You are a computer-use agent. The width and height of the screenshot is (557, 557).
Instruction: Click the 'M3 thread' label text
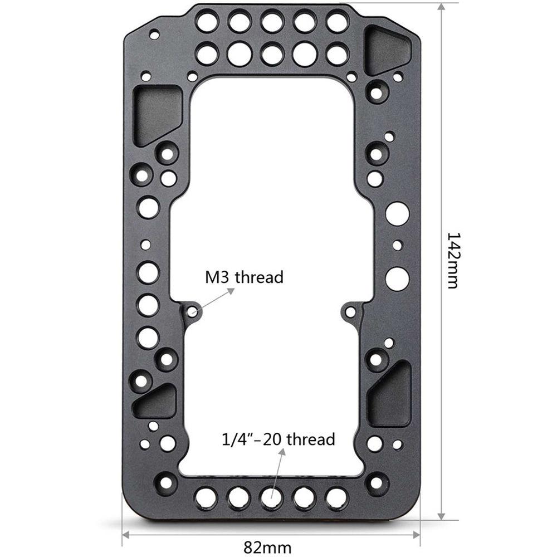[244, 277]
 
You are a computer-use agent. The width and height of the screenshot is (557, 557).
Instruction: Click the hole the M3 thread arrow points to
[193, 311]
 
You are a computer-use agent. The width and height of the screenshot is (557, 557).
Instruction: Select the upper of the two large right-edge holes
[397, 214]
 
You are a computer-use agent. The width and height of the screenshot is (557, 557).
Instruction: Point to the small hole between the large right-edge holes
[397, 245]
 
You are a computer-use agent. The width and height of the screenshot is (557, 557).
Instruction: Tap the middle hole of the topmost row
[272, 23]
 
